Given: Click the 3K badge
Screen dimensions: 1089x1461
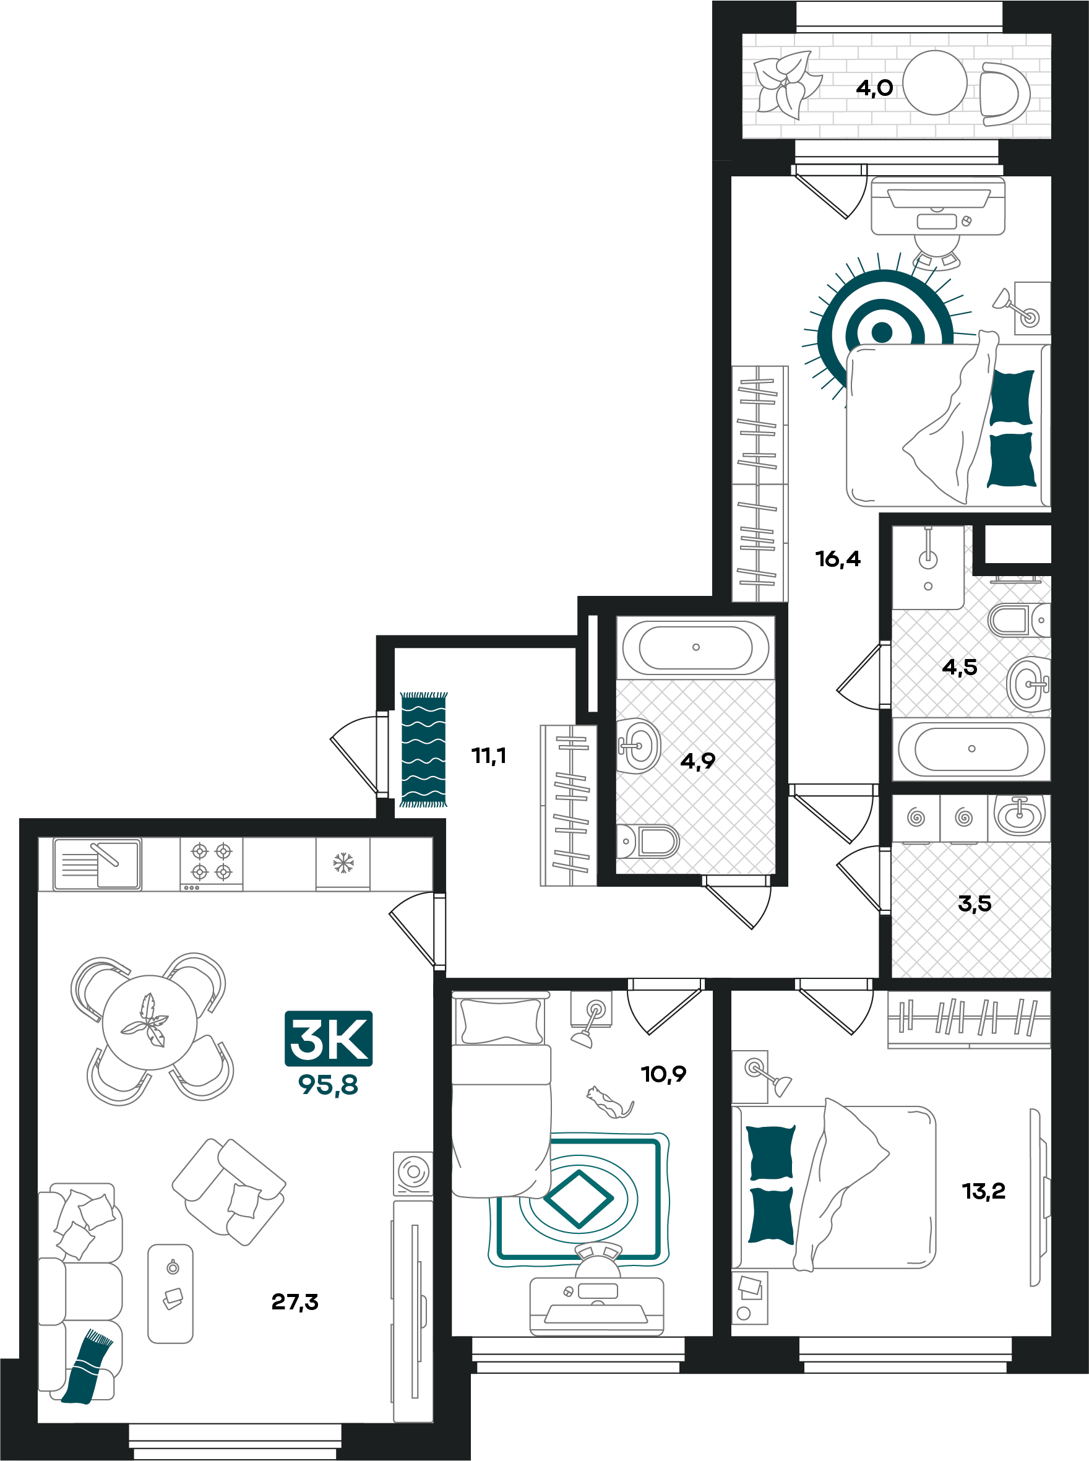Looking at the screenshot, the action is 329,1038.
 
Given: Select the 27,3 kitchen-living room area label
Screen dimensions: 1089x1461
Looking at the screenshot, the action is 295,1301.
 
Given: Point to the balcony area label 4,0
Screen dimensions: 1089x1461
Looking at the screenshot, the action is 874,88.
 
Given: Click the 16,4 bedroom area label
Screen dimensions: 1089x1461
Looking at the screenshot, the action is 838,558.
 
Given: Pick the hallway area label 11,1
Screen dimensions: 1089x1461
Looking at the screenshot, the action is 488,755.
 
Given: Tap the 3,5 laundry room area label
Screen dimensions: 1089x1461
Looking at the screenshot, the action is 975,903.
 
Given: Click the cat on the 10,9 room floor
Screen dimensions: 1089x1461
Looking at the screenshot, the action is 609,1102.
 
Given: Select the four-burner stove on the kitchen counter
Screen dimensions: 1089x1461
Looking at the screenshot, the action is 212,864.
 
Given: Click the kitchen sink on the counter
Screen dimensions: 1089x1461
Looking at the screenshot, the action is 97,864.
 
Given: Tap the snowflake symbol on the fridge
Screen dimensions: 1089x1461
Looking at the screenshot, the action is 343,863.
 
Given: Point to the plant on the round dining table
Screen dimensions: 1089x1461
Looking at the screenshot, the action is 145,1021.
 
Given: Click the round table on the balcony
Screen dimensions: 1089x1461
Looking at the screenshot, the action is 934,83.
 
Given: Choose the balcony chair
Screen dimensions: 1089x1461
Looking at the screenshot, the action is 1004,93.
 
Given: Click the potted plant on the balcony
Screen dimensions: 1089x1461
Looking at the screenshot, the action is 788,84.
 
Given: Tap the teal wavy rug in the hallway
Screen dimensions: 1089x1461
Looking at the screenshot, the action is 423,749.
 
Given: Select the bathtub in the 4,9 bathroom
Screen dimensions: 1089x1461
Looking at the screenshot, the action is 695,647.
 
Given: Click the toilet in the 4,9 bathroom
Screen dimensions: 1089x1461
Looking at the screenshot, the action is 647,841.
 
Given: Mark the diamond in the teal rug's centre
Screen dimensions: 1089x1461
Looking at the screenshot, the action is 578,1199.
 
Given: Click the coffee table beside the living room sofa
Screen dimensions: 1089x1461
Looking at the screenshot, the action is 170,1293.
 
